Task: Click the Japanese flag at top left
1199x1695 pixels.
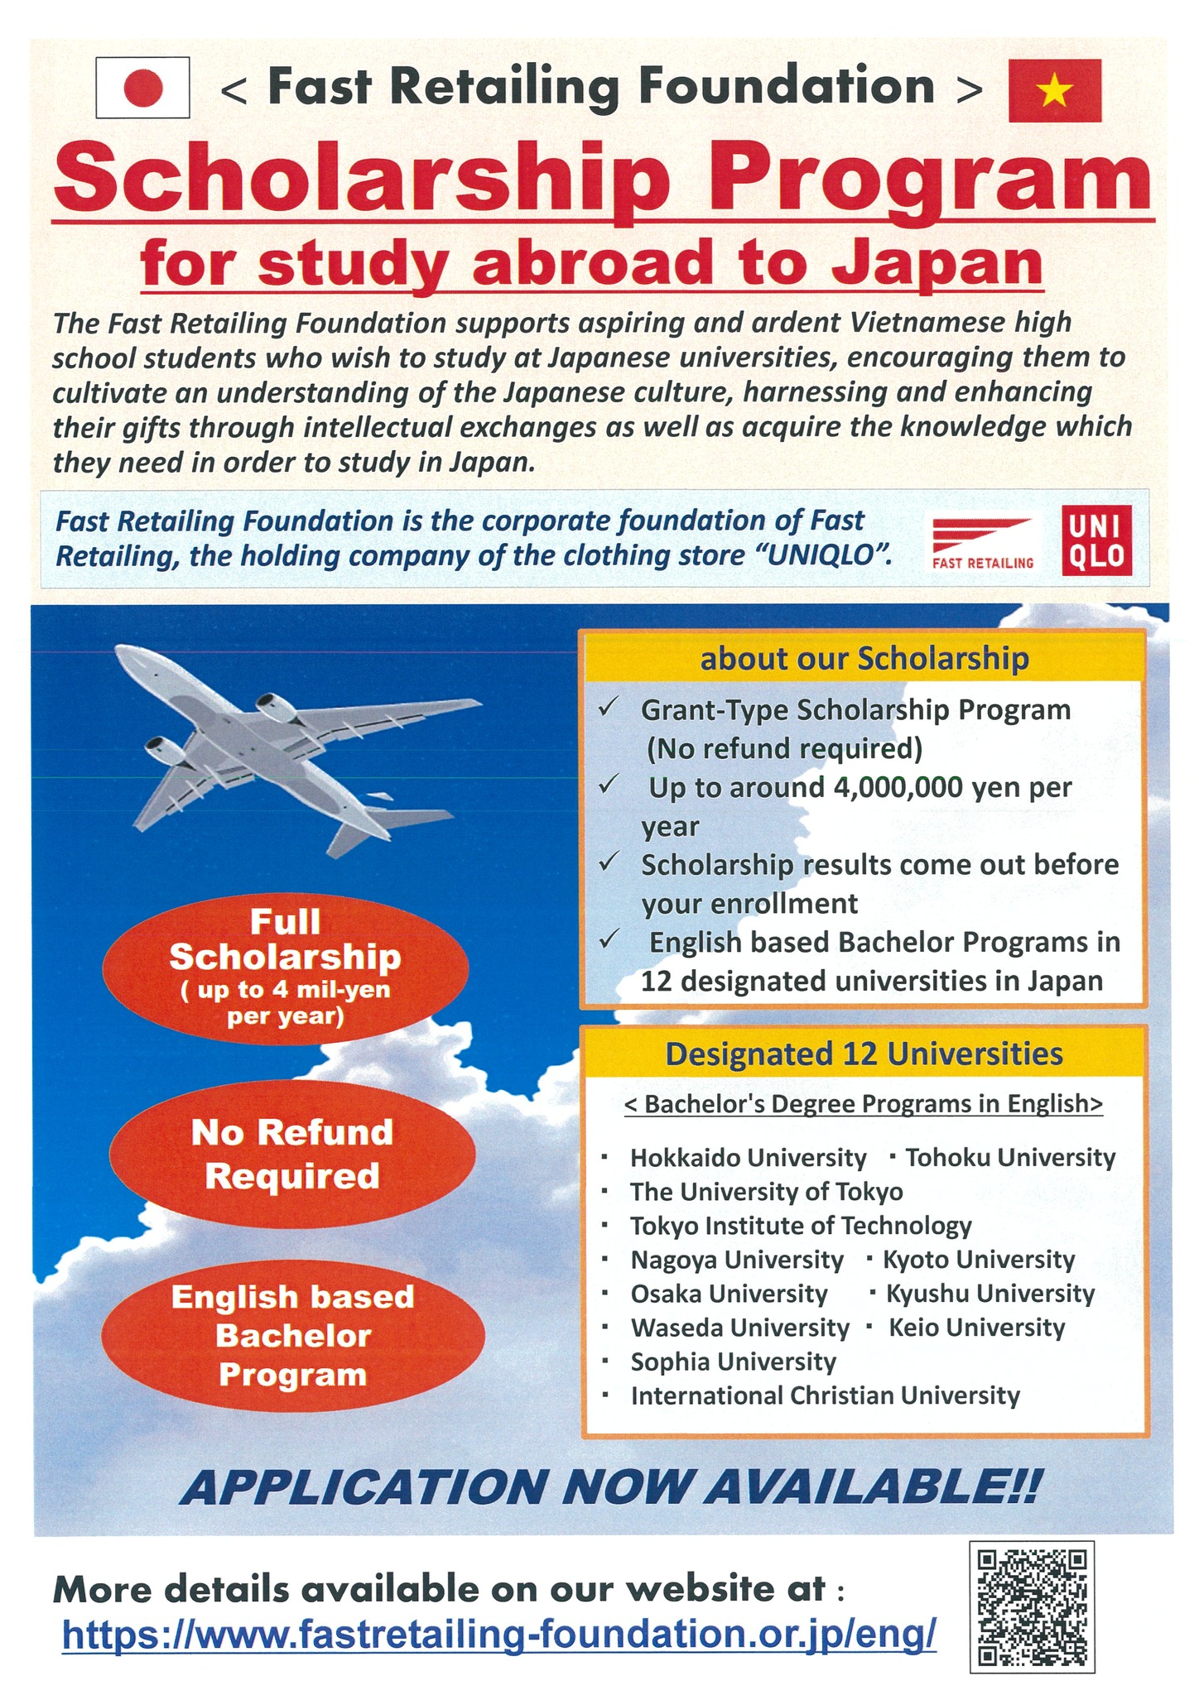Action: point(142,87)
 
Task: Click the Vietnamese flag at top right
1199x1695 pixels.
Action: point(1054,90)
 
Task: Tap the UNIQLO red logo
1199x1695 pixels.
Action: point(1096,540)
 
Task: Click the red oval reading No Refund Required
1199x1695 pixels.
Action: point(292,1154)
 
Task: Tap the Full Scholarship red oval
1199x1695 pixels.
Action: point(285,969)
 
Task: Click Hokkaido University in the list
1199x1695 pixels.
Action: point(748,1157)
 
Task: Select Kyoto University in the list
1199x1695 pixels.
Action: point(978,1259)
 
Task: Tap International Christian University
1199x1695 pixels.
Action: point(825,1395)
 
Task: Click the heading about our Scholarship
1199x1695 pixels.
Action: point(864,659)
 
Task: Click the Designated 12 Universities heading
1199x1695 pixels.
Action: point(864,1054)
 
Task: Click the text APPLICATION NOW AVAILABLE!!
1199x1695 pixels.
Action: point(608,1487)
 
